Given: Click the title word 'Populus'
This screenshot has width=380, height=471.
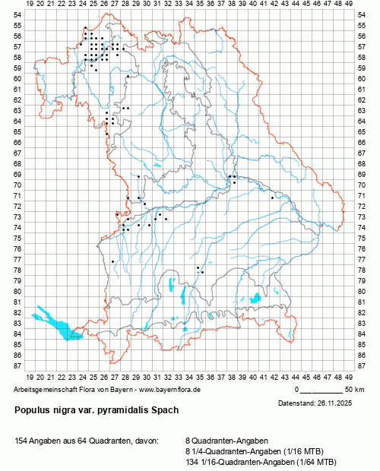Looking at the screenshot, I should click(x=33, y=410).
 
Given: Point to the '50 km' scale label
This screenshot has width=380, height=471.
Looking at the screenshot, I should click(x=353, y=389).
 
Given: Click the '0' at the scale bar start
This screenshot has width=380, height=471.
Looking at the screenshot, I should click(x=297, y=389).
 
